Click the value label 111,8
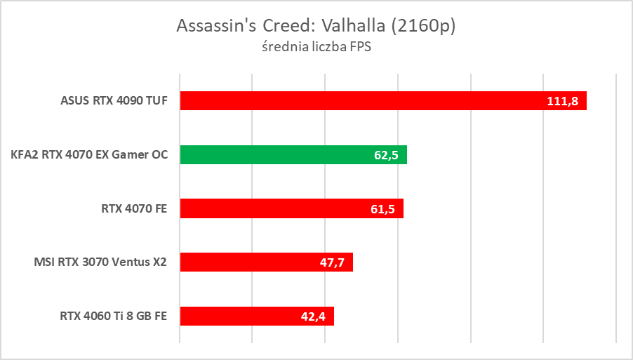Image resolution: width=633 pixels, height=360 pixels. [562, 102]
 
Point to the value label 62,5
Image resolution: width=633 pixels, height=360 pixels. [386, 155]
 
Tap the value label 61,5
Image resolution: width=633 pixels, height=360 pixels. [382, 209]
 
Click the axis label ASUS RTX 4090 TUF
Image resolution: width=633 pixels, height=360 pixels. [114, 100]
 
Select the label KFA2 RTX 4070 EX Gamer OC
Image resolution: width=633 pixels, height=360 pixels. [89, 154]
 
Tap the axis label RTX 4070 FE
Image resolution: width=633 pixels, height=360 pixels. [133, 208]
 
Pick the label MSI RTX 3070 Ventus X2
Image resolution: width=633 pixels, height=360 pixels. [100, 262]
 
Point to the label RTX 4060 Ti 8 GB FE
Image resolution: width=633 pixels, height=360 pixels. [113, 316]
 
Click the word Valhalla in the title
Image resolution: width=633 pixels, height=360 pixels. [354, 26]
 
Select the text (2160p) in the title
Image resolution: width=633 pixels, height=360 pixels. [424, 26]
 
